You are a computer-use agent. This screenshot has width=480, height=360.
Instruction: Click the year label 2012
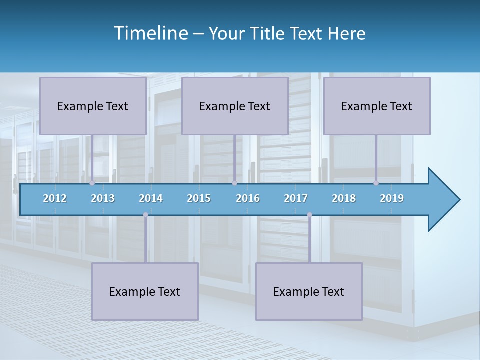pyautogui.click(x=55, y=198)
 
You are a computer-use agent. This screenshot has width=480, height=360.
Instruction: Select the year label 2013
pyautogui.click(x=103, y=198)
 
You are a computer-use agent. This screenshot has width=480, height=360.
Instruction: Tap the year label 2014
pyautogui.click(x=151, y=198)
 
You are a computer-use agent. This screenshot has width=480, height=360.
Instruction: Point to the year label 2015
pyautogui.click(x=199, y=198)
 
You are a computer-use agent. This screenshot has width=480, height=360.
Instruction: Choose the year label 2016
pyautogui.click(x=248, y=198)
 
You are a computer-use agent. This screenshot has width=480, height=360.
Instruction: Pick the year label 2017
pyautogui.click(x=296, y=198)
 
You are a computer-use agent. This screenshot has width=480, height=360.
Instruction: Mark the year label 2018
pyautogui.click(x=344, y=198)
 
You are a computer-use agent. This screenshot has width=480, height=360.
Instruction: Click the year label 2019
pyautogui.click(x=392, y=198)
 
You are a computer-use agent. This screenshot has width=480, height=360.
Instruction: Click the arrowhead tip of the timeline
pyautogui.click(x=459, y=199)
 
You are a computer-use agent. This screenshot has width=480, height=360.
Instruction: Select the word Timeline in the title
pyautogui.click(x=150, y=33)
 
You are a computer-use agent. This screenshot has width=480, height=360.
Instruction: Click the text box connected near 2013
pyautogui.click(x=93, y=106)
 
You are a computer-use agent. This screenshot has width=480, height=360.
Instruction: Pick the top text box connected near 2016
pyautogui.click(x=235, y=106)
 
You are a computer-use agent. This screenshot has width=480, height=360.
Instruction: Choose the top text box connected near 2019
pyautogui.click(x=377, y=106)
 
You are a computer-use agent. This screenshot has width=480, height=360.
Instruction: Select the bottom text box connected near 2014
pyautogui.click(x=145, y=292)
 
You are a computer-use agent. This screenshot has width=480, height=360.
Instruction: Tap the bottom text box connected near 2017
pyautogui.click(x=309, y=292)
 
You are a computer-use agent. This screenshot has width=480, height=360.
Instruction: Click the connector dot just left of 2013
pyautogui.click(x=92, y=183)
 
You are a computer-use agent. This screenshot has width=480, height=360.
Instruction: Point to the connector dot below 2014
pyautogui.click(x=145, y=215)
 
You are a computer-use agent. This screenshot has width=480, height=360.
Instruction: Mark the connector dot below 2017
pyautogui.click(x=309, y=215)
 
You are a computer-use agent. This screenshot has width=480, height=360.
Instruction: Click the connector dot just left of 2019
pyautogui.click(x=376, y=183)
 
